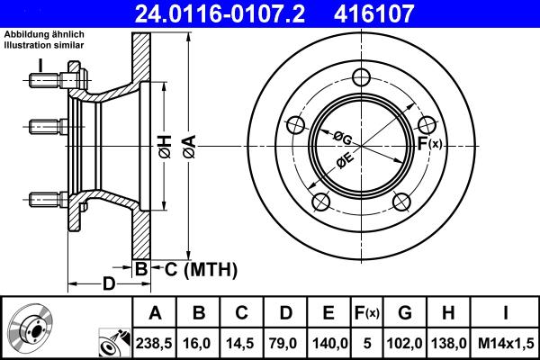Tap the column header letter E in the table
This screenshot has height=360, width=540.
point(328,313)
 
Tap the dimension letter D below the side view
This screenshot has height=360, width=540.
point(107,284)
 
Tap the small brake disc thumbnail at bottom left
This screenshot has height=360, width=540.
point(31,329)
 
